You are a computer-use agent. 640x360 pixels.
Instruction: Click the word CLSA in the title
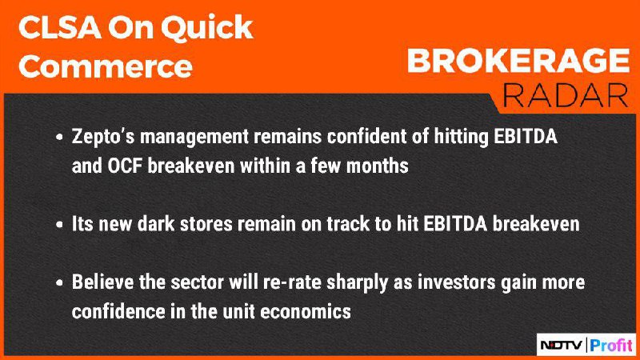[x=59, y=27]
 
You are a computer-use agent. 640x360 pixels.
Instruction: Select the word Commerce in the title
[x=106, y=66]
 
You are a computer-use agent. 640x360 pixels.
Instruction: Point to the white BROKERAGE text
[x=518, y=61]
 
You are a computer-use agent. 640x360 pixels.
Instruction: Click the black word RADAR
[x=566, y=95]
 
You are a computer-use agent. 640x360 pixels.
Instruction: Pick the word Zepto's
[x=103, y=137]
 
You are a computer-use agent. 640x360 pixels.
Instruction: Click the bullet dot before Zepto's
[x=59, y=137]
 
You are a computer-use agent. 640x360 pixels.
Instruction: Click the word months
[x=377, y=166]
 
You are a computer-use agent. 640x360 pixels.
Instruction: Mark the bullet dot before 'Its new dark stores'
[x=59, y=225]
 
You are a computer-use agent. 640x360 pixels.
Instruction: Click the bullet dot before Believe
[x=59, y=282]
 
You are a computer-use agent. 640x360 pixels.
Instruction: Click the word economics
[x=306, y=312]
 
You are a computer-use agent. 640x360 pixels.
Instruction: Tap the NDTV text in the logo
[x=562, y=346]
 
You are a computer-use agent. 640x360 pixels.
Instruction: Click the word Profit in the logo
[x=611, y=346]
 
